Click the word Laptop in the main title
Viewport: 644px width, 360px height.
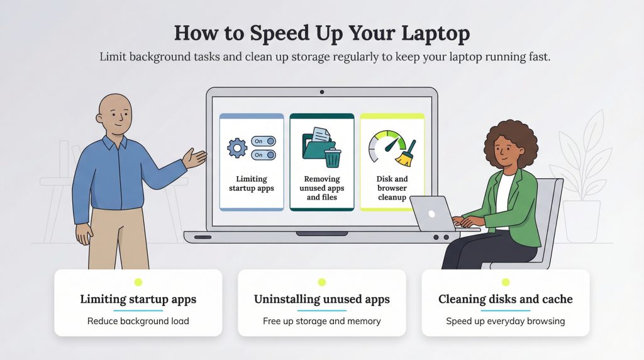click(435, 34)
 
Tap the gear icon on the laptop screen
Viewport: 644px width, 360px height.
click(237, 148)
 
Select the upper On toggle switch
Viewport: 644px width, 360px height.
click(264, 142)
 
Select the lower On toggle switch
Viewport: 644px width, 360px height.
click(264, 155)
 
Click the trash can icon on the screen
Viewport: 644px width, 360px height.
click(333, 158)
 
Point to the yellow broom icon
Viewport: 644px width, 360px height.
click(406, 154)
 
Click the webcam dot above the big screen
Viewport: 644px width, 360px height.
click(322, 92)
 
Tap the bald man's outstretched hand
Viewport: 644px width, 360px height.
click(194, 158)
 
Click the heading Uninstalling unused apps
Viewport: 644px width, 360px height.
click(322, 299)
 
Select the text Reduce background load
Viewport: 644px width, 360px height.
click(138, 321)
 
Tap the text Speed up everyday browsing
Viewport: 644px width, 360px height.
click(506, 321)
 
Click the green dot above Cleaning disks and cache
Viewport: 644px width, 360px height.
click(506, 283)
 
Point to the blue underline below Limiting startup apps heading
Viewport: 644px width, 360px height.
click(138, 311)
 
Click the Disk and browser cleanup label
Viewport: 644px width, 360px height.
click(392, 188)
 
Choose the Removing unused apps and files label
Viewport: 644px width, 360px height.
click(322, 188)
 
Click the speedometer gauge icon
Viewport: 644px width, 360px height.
click(386, 146)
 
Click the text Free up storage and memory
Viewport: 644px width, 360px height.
click(322, 321)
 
